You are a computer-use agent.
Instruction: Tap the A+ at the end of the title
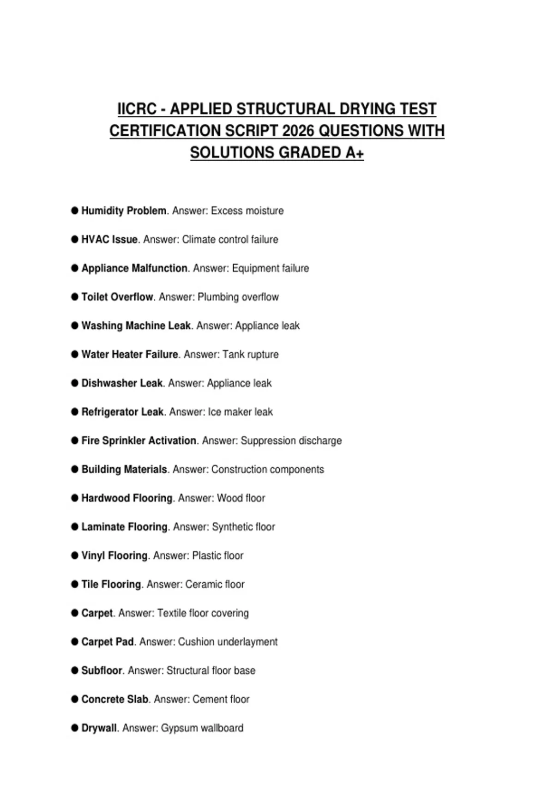[x=355, y=152]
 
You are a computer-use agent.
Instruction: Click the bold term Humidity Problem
[x=124, y=211]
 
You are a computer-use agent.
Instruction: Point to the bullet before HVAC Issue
[x=75, y=239]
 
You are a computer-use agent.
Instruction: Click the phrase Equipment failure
[x=270, y=268]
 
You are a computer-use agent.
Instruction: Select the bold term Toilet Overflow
[x=117, y=297]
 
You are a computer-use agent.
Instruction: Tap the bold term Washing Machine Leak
[x=136, y=326]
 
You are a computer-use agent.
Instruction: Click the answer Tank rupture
[x=250, y=355]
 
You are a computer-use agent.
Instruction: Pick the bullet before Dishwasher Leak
[x=75, y=383]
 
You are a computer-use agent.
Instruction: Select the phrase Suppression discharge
[x=291, y=441]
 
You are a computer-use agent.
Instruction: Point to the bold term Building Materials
[x=124, y=469]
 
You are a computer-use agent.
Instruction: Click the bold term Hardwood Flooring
[x=127, y=498]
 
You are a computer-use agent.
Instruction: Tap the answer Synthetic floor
[x=243, y=527]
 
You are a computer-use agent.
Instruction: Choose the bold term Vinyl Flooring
[x=114, y=556]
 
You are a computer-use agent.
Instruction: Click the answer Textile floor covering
[x=203, y=613]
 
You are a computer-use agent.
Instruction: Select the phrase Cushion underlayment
[x=228, y=642]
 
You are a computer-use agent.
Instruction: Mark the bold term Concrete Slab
[x=115, y=699]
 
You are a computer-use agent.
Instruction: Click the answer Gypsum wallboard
[x=202, y=728]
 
